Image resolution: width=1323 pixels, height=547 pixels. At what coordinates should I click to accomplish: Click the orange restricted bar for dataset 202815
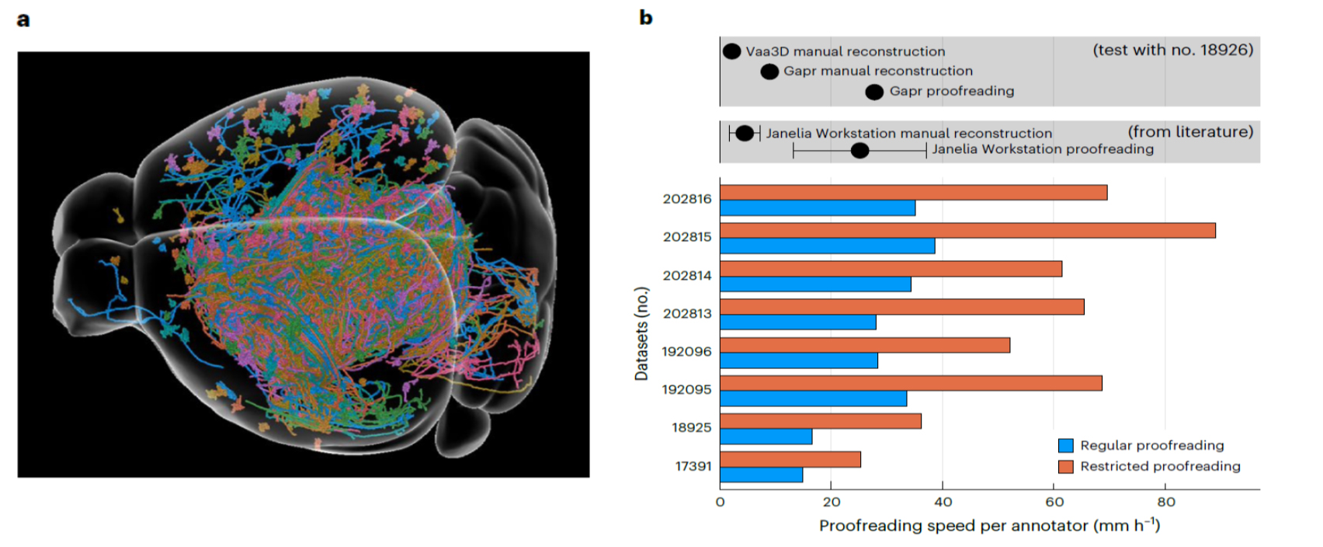[967, 231]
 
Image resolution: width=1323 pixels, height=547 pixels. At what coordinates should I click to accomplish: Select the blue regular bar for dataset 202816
[818, 208]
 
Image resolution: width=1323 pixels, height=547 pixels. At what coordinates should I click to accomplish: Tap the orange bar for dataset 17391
[790, 459]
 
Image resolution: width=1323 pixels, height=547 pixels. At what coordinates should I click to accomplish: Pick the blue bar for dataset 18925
[766, 437]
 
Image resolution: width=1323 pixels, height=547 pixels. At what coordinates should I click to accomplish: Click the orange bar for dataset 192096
[865, 345]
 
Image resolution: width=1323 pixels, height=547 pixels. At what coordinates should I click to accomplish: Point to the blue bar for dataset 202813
[798, 322]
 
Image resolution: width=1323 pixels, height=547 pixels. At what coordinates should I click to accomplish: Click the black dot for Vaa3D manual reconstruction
[731, 51]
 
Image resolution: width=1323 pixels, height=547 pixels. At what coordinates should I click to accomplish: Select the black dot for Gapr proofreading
[874, 92]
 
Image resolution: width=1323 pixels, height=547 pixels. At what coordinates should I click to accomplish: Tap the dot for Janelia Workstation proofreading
[859, 150]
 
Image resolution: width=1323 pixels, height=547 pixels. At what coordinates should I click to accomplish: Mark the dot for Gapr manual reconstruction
[769, 71]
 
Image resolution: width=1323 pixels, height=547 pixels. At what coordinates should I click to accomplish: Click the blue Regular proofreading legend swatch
[1066, 445]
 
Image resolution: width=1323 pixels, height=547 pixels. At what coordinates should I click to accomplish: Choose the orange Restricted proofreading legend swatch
[1066, 466]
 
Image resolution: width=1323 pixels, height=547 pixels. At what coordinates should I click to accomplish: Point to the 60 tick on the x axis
[1054, 502]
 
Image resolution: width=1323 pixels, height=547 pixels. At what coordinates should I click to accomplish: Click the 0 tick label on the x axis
[720, 502]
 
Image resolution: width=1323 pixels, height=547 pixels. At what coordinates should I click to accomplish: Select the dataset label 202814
[687, 276]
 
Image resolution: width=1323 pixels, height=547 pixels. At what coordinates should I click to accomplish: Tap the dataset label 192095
[687, 390]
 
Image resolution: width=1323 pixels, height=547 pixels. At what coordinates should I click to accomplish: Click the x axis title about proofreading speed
[989, 526]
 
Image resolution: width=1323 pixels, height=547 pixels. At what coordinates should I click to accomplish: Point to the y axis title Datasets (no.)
[641, 334]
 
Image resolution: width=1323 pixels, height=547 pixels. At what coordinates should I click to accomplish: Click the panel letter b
[645, 18]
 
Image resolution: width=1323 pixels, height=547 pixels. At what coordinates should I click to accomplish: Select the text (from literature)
[1190, 132]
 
